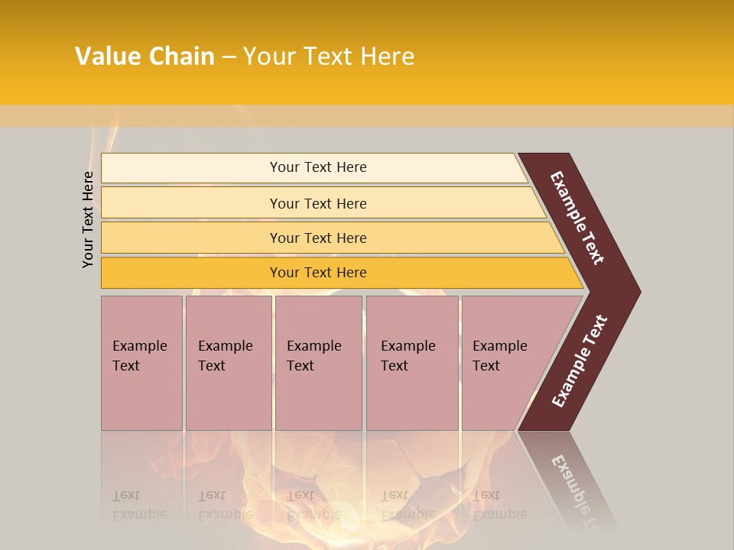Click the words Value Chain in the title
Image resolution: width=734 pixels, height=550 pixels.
tap(145, 57)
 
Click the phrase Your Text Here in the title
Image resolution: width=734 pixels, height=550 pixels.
tap(329, 57)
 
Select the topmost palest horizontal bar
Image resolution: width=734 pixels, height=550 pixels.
tap(191, 167)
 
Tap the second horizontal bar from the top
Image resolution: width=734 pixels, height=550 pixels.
tap(191, 203)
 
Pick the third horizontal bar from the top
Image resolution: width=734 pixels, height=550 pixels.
tap(191, 238)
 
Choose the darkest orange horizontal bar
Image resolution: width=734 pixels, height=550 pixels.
tap(191, 273)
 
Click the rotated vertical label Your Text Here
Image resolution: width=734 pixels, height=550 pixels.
tap(89, 220)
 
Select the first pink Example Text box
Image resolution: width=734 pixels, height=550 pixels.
tap(141, 363)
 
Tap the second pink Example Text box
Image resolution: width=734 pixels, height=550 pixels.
tap(228, 363)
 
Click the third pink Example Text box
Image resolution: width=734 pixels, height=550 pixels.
tap(318, 363)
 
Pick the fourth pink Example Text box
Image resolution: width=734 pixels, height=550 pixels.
tap(412, 363)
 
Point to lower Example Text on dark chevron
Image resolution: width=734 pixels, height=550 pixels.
tap(580, 361)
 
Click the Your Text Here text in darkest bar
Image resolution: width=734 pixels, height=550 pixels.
tap(318, 273)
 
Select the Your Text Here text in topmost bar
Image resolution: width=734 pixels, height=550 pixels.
tap(318, 167)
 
